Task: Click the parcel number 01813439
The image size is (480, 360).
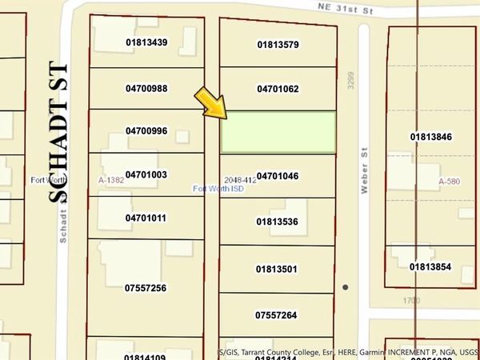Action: (x=146, y=42)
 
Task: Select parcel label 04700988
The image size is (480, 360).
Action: (x=146, y=88)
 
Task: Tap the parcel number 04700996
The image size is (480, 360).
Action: (x=146, y=130)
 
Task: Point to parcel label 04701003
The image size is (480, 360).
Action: (x=146, y=174)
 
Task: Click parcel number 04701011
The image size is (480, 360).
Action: (x=146, y=218)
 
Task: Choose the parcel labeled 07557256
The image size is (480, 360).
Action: (x=146, y=287)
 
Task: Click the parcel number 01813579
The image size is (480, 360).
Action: (x=278, y=45)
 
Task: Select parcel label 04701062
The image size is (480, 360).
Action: (x=278, y=89)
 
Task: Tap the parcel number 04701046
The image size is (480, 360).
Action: (x=278, y=176)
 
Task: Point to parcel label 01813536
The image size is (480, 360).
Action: (x=278, y=222)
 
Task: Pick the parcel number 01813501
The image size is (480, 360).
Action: (x=278, y=270)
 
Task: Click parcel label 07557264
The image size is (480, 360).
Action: (x=278, y=315)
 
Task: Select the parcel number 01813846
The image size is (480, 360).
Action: (x=432, y=137)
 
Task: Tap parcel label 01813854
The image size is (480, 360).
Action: (x=432, y=266)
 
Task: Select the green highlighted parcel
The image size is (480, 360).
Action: (x=278, y=132)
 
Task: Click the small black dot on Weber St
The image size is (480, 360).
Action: (x=346, y=286)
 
